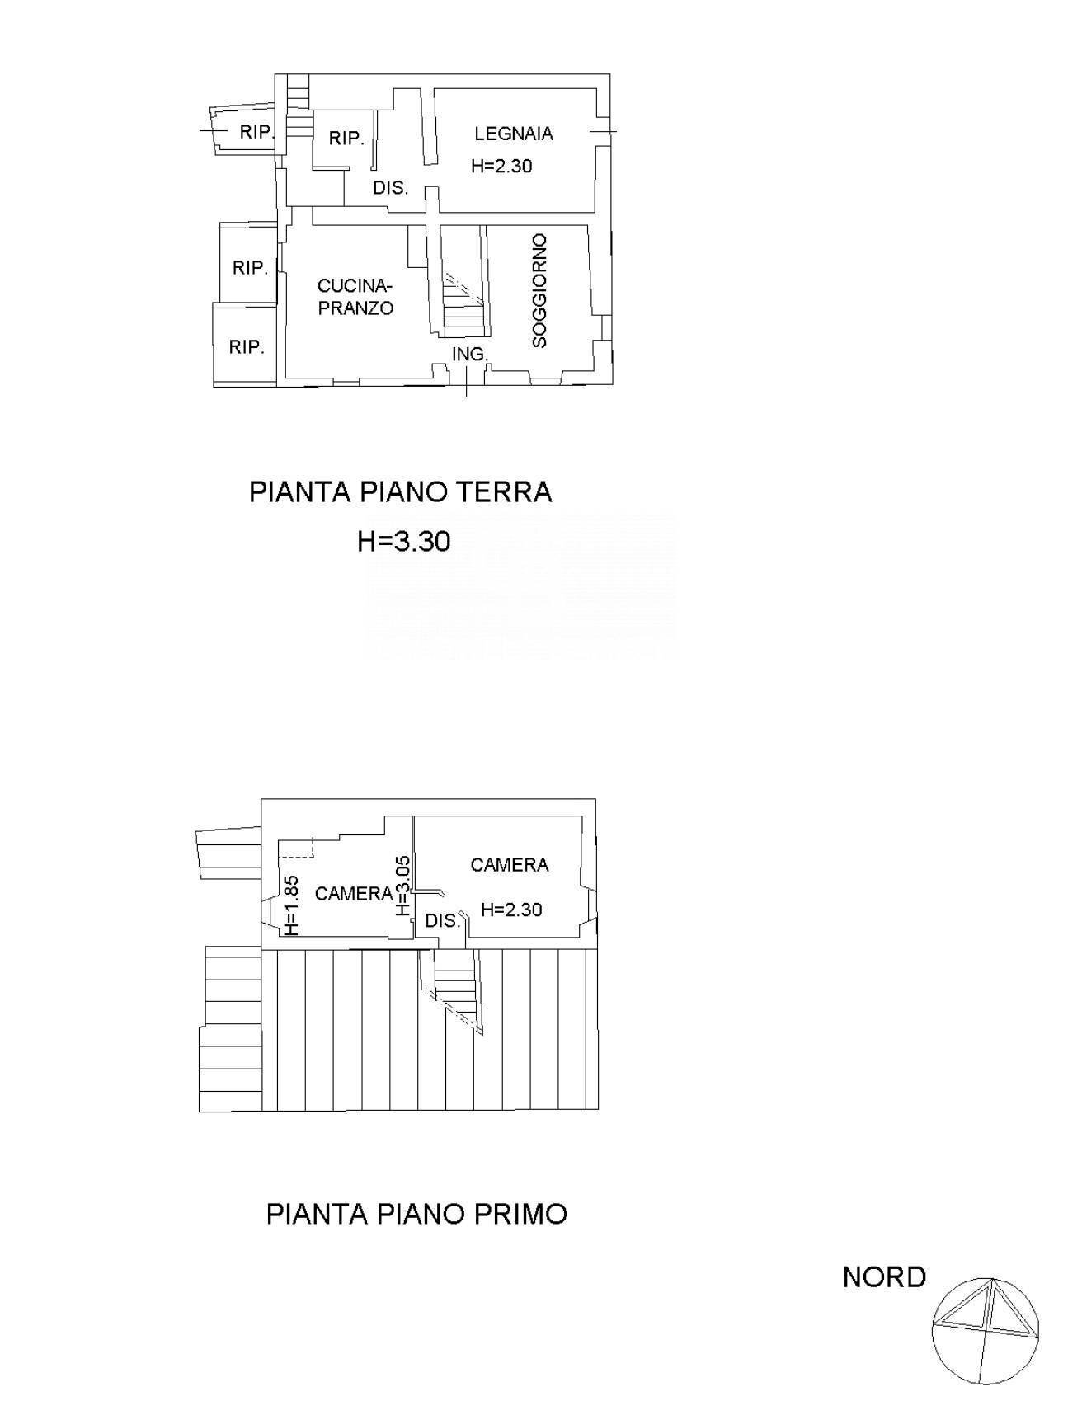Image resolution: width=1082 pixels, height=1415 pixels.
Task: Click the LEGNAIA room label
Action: pos(513,134)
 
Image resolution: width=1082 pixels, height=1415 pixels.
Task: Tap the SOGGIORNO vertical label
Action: pos(539,290)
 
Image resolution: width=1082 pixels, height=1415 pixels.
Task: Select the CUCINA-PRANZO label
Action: pos(355,297)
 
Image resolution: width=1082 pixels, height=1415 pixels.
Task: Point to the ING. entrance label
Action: pos(470,355)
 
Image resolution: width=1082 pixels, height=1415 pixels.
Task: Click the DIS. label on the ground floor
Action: pos(390,188)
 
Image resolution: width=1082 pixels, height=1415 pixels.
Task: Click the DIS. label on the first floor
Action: pos(442,921)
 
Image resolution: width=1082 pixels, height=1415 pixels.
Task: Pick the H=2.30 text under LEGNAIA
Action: pos(501,166)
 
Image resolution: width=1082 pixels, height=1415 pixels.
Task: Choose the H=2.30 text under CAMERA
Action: pos(511,910)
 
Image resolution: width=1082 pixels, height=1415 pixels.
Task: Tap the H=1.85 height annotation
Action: pos(290,905)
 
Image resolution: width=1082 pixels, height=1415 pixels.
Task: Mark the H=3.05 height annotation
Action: pos(402,886)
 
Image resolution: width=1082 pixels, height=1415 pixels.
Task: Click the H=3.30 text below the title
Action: pos(403,542)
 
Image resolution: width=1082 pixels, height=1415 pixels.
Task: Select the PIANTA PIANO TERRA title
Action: pos(401,492)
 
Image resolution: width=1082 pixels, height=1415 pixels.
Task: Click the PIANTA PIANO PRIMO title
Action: pos(416,1215)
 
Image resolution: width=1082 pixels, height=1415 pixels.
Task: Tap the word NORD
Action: pos(884,1277)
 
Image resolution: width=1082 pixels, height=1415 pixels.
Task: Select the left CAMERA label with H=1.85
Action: pos(354,893)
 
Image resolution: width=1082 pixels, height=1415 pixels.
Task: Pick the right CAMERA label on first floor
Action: pos(509,864)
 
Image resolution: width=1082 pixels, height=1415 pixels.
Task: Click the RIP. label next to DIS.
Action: pos(346,139)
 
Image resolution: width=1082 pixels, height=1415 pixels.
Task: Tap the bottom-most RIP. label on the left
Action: pos(247,347)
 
